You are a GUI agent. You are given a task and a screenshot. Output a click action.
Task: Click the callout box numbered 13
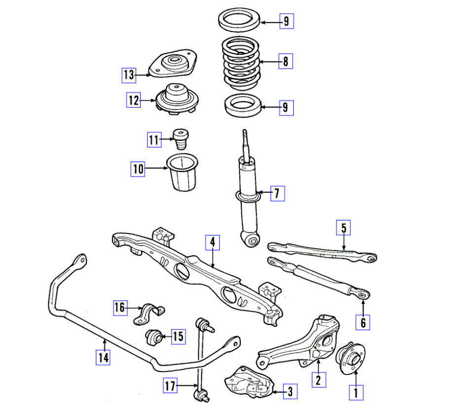coord(129,75)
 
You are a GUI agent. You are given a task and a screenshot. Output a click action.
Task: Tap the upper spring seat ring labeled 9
coord(239,22)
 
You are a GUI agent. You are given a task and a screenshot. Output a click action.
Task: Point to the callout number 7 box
coord(277,193)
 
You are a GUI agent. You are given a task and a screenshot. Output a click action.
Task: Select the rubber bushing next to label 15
coord(155,337)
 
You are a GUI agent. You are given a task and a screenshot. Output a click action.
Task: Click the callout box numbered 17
coord(170,386)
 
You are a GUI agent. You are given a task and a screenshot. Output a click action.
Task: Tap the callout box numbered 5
coord(344,228)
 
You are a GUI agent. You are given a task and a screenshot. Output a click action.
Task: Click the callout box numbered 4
coord(212,242)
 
